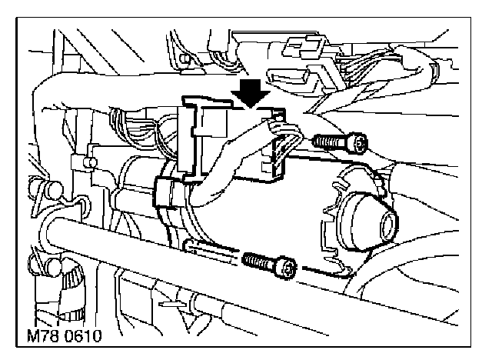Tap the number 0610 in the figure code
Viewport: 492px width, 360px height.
(85, 335)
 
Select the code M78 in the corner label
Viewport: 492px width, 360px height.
(43, 335)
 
